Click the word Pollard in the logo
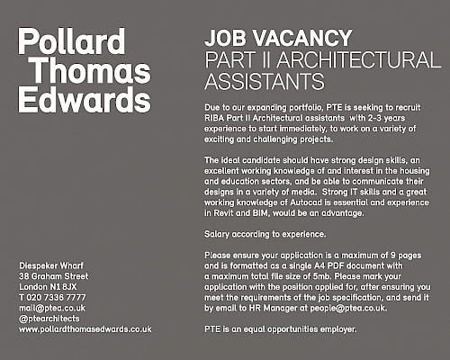[x=71, y=41]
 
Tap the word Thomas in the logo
[x=91, y=70]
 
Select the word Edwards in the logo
[x=85, y=99]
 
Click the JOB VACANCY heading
[x=278, y=38]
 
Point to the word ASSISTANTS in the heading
[x=265, y=81]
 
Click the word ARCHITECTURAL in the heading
[x=359, y=59]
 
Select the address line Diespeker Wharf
[x=51, y=265]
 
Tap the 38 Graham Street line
[x=54, y=276]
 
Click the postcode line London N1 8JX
[x=48, y=287]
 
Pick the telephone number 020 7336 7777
[x=56, y=298]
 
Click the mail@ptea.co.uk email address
[x=52, y=308]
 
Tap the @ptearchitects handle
[x=49, y=319]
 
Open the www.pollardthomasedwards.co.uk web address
[x=85, y=329]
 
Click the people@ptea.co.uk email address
[x=348, y=308]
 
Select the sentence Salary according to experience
[x=265, y=234]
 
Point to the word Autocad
[x=306, y=202]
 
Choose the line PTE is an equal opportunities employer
[x=281, y=329]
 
